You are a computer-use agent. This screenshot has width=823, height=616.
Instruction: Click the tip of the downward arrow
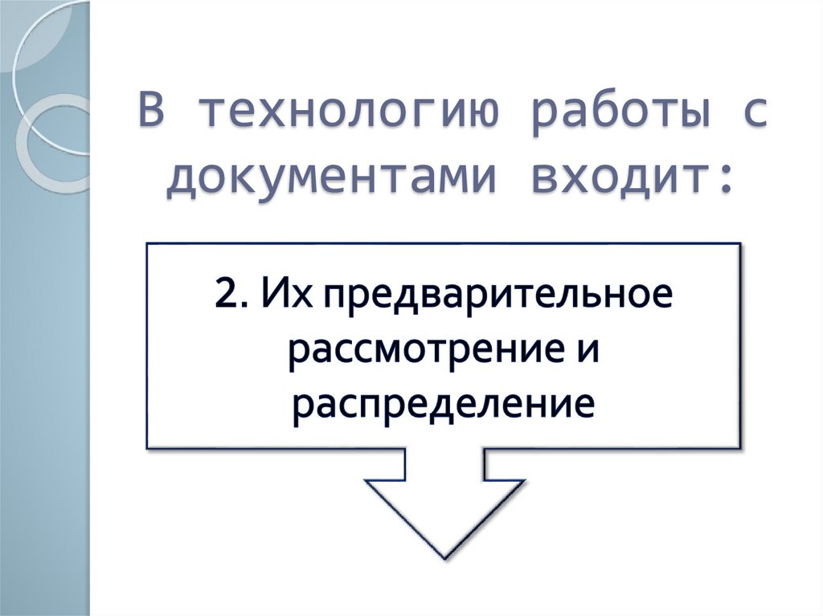pyautogui.click(x=444, y=556)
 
